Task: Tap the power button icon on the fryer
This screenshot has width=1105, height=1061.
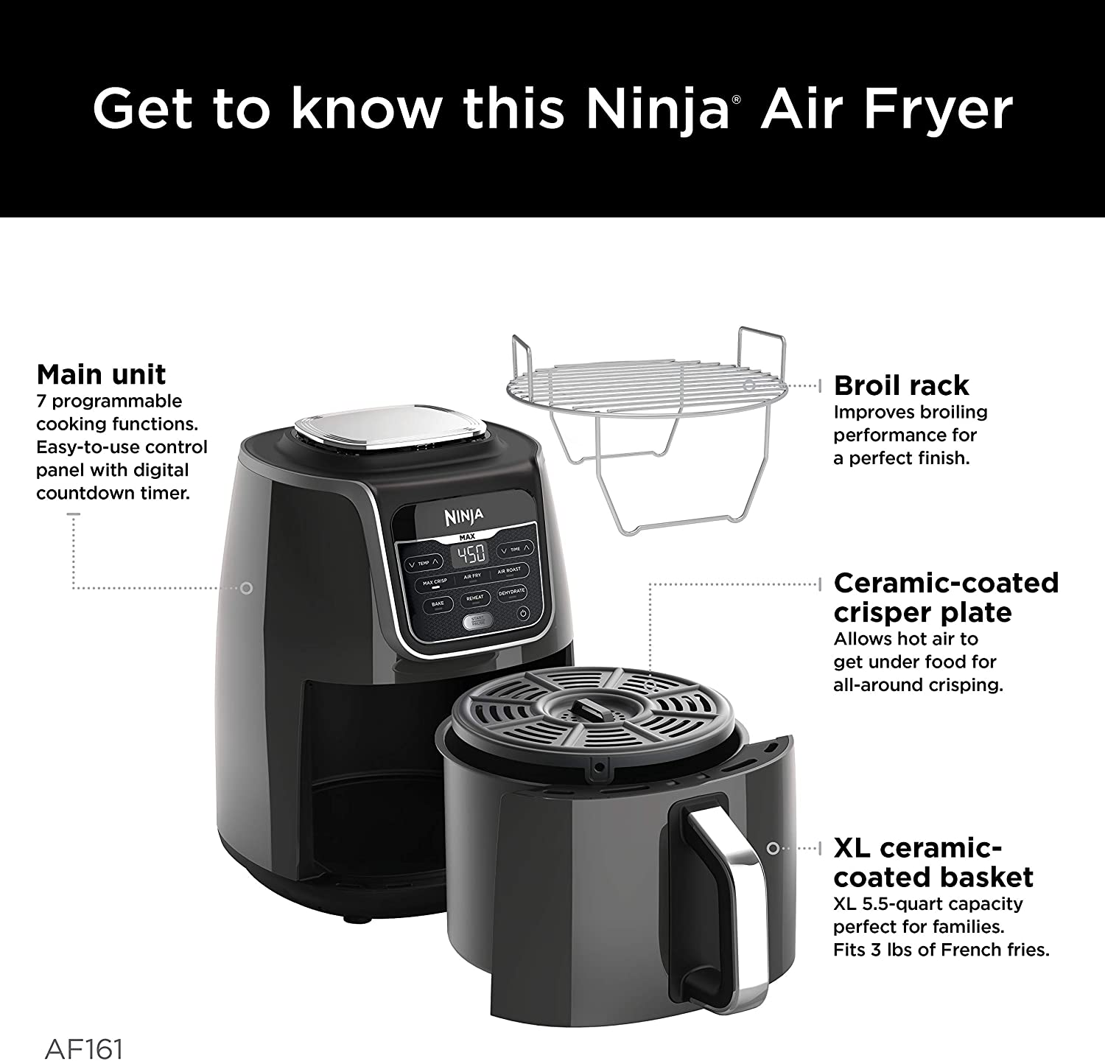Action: tap(522, 613)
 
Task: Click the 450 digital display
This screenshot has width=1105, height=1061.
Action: tap(469, 554)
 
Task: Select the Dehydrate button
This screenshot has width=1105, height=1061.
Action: tap(511, 592)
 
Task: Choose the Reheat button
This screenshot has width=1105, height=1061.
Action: tap(474, 598)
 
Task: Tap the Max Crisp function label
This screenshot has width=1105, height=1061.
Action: tap(435, 582)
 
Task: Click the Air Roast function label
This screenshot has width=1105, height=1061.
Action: tap(509, 570)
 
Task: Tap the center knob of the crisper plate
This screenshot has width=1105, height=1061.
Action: tap(587, 711)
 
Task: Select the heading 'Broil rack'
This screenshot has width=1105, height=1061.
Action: tap(901, 385)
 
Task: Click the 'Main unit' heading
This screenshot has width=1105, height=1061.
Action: tap(101, 374)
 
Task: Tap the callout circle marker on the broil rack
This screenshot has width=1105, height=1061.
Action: tap(748, 385)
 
